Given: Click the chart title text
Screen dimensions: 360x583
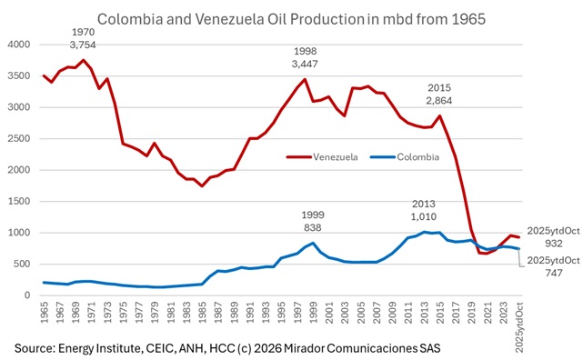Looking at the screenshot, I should [x=291, y=17].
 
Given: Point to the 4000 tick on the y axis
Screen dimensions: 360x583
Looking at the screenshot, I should [x=19, y=45].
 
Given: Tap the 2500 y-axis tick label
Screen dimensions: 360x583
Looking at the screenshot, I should [x=19, y=139].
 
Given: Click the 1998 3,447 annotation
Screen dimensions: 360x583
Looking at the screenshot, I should [x=306, y=58].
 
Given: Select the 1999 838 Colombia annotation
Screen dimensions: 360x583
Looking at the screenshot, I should [x=314, y=221].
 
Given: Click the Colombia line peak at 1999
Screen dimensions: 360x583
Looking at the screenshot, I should [x=313, y=243].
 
